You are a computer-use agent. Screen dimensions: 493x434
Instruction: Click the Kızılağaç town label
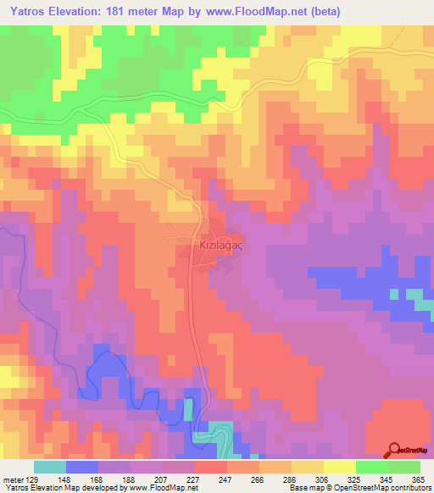pos(221,244)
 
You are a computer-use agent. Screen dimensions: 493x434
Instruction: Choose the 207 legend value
pos(163,479)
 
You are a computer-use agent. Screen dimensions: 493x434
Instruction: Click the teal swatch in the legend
pos(50,467)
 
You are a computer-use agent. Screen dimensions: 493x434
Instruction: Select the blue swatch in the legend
pos(82,467)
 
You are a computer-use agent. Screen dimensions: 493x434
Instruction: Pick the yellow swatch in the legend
pos(340,467)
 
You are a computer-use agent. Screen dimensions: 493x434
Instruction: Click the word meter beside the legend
pos(12,479)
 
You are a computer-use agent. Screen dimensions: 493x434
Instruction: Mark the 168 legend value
pos(98,479)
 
